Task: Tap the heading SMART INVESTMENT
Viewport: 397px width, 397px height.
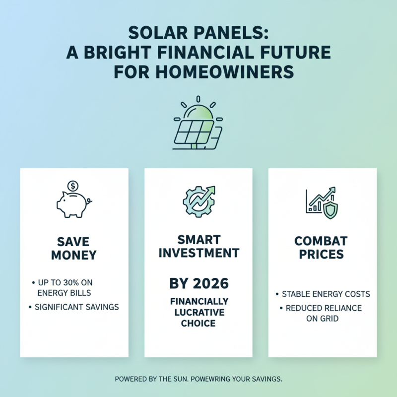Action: [198, 246]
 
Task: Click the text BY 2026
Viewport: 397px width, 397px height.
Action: [198, 284]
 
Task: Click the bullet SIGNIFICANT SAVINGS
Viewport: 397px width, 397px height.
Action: [76, 307]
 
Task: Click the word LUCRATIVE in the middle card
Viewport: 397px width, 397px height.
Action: [198, 312]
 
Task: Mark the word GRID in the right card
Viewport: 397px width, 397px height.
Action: [329, 319]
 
